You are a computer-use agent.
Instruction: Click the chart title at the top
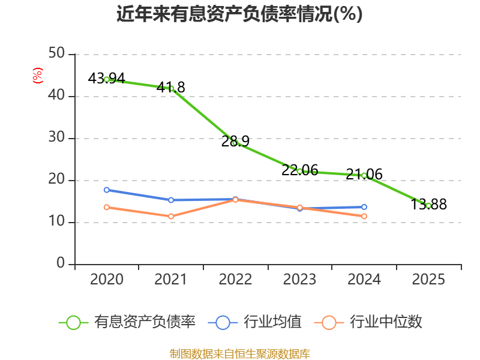pyautogui.click(x=239, y=14)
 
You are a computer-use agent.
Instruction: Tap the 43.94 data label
pyautogui.click(x=106, y=79)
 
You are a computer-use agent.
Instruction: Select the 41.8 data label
pyautogui.click(x=171, y=88)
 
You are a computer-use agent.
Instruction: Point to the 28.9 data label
pyautogui.click(x=235, y=142)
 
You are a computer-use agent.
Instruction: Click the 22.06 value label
pyautogui.click(x=299, y=170)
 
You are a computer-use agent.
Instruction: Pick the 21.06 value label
pyautogui.click(x=364, y=175)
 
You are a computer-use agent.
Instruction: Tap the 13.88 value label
pyautogui.click(x=428, y=205)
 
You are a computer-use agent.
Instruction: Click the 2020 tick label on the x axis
pyautogui.click(x=107, y=280)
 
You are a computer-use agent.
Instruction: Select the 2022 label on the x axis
pyautogui.click(x=235, y=280)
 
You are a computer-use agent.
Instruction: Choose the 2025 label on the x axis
pyautogui.click(x=428, y=280)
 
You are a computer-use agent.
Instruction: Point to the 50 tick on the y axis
pyautogui.click(x=58, y=54)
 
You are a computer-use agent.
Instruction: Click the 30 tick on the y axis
pyautogui.click(x=58, y=138)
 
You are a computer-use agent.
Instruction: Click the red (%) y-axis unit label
pyautogui.click(x=38, y=75)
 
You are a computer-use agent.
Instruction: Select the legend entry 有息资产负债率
pyautogui.click(x=145, y=322)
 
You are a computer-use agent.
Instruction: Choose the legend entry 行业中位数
pyautogui.click(x=386, y=322)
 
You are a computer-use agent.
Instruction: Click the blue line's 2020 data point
pyautogui.click(x=107, y=190)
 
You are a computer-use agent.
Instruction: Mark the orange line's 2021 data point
pyautogui.click(x=171, y=216)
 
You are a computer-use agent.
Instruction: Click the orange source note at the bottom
pyautogui.click(x=239, y=353)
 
